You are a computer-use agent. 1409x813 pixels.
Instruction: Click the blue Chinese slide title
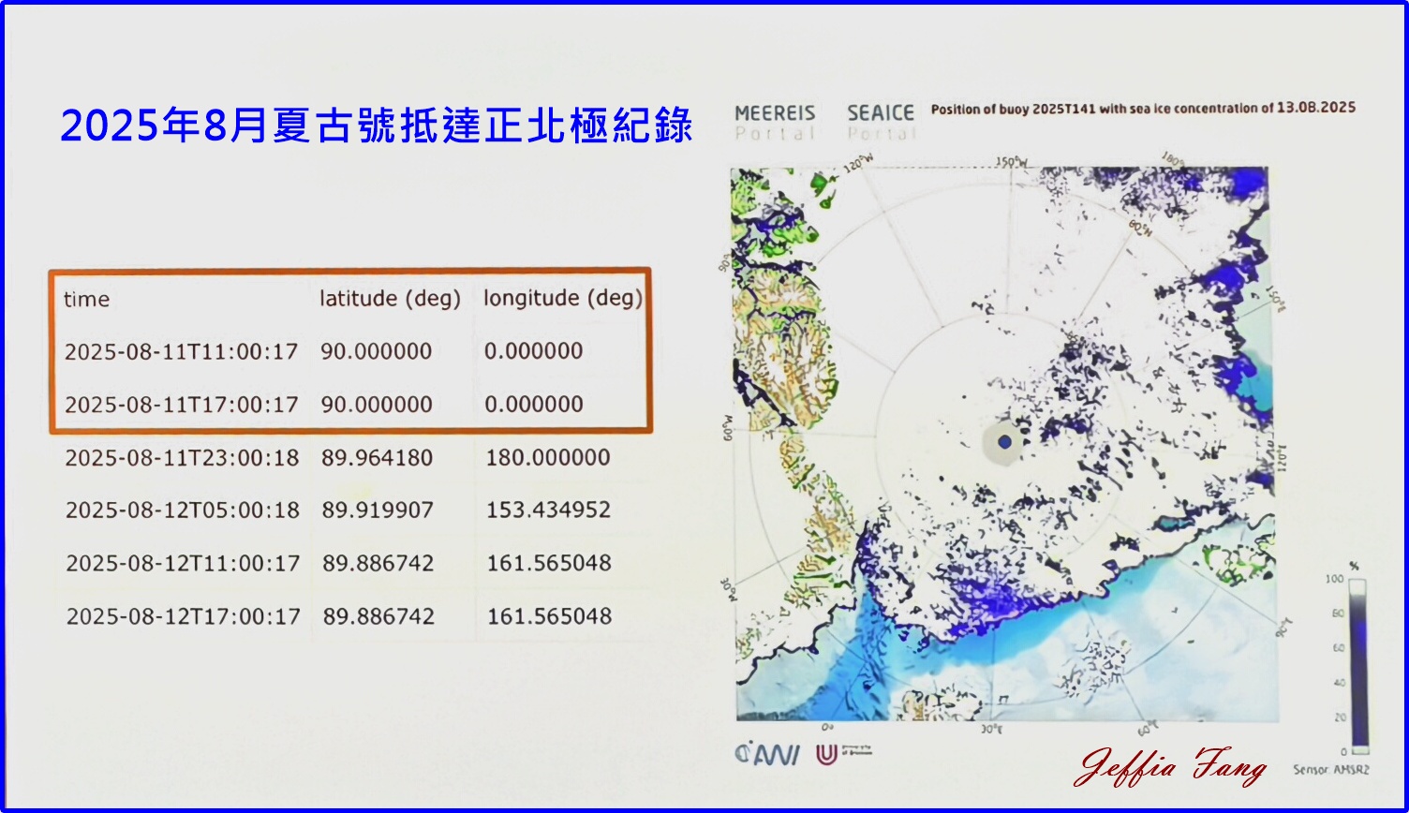pos(377,126)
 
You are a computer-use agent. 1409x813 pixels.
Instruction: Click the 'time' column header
pos(87,300)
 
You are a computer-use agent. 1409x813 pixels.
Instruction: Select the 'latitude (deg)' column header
pos(390,299)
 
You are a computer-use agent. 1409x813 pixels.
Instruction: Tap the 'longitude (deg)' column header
pos(563,299)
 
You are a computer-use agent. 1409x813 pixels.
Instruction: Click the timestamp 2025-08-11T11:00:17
pos(181,352)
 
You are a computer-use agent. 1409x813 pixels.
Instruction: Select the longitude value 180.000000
pos(548,458)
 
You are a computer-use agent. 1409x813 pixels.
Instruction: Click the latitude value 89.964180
pos(378,458)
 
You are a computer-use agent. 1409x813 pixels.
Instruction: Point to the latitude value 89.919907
pos(378,510)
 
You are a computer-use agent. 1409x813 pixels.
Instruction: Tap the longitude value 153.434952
pos(548,510)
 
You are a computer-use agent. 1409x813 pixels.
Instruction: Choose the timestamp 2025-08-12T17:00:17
pos(184,616)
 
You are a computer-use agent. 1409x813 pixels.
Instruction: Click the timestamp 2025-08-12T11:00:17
pos(183,564)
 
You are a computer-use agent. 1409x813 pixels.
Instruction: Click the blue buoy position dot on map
pos(1005,441)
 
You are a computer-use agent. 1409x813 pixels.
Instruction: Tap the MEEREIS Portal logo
pos(775,122)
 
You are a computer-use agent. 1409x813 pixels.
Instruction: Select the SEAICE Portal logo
pos(880,122)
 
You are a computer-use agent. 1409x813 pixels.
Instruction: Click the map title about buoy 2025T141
pos(1143,109)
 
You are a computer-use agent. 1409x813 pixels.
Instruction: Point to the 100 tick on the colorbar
pos(1335,580)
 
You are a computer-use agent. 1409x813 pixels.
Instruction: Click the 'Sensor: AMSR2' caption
pos(1329,770)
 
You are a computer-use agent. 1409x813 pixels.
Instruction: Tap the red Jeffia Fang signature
pos(1171,768)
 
